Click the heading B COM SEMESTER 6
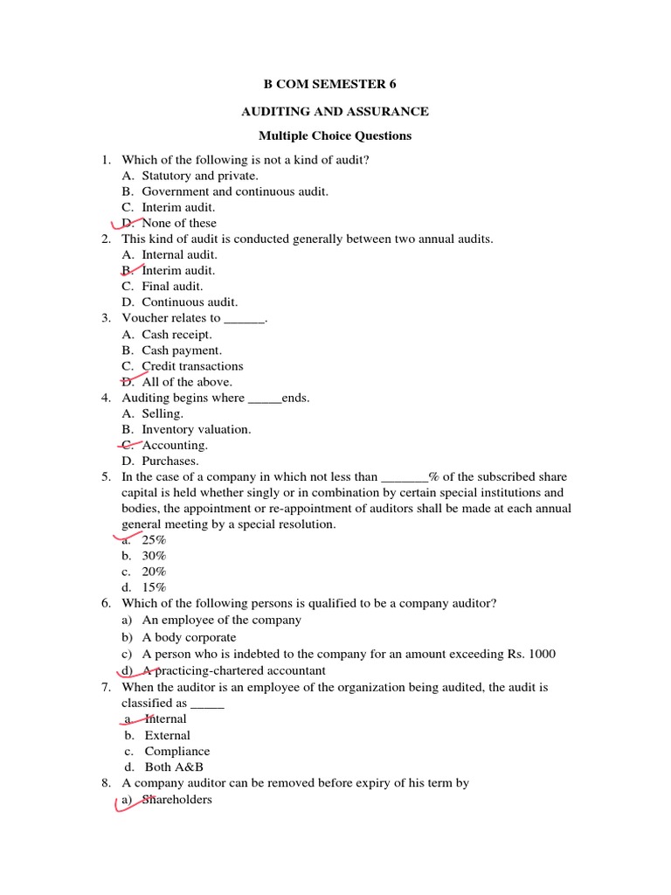point(335,84)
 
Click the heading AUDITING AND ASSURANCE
point(335,111)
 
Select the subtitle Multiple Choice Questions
point(335,135)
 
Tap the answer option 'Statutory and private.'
point(200,176)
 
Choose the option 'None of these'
point(179,223)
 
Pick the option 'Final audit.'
point(172,286)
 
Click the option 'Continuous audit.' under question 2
point(190,302)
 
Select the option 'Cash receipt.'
point(176,334)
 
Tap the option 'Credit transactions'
point(192,366)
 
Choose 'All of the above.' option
point(187,382)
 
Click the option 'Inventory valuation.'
point(197,429)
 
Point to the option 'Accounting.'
point(175,445)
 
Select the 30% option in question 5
point(154,556)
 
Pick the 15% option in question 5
point(154,587)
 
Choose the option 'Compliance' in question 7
point(177,751)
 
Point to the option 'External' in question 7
point(167,735)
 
